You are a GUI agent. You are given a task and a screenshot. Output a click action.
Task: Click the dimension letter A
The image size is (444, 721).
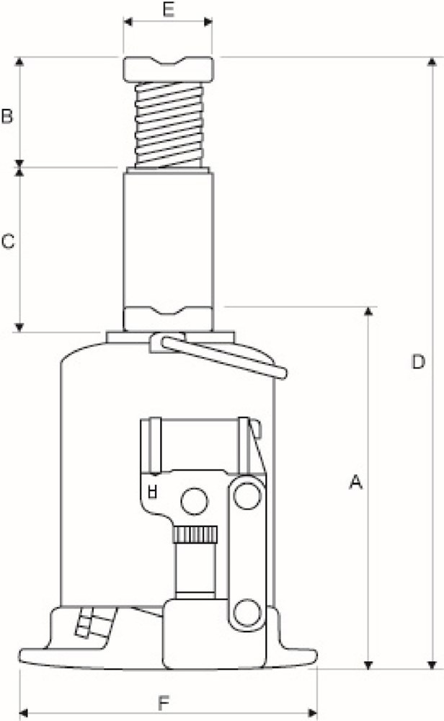355,482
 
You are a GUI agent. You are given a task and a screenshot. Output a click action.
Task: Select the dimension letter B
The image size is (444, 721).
7,115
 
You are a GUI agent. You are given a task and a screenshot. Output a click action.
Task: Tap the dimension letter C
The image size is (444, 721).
8,242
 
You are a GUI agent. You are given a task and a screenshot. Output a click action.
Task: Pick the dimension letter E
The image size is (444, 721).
168,9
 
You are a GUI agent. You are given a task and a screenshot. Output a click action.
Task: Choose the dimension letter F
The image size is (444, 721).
165,701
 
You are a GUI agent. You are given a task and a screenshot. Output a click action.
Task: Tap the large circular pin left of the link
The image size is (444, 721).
194,501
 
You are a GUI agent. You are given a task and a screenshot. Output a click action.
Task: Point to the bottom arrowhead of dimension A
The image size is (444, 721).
369,664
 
